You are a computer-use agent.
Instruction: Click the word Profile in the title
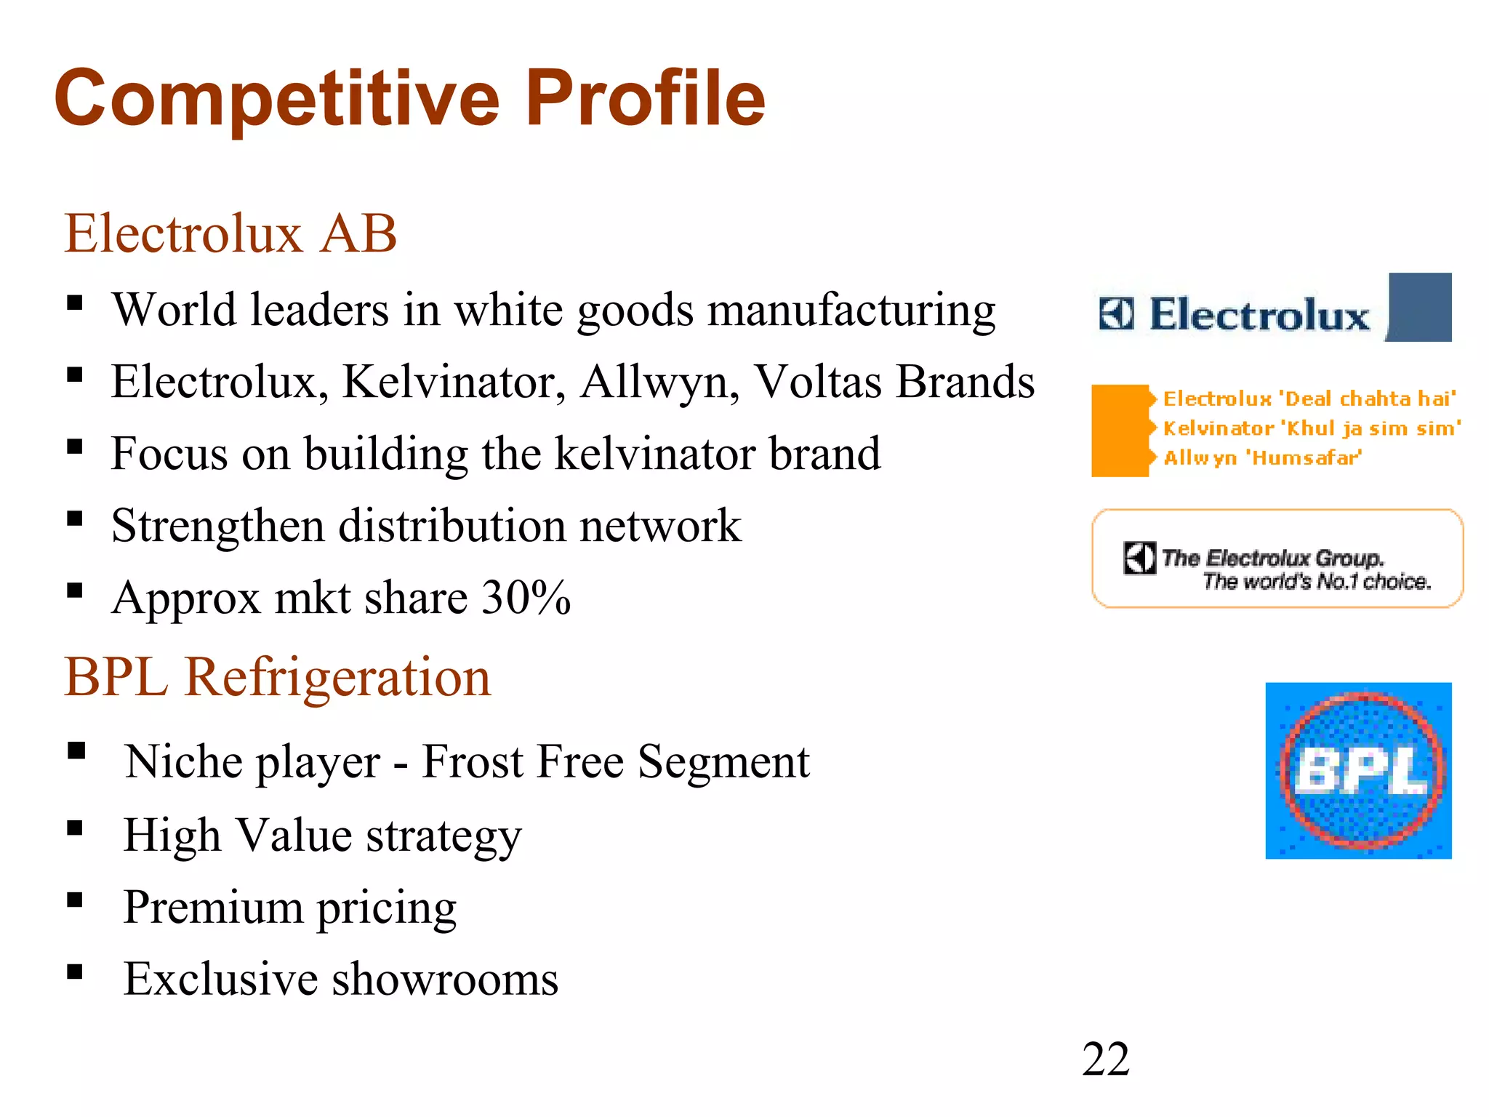click(x=650, y=98)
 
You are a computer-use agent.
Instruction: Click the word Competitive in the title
click(x=277, y=98)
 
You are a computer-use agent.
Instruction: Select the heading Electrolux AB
click(x=230, y=233)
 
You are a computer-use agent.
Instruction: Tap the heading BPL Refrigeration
click(x=277, y=677)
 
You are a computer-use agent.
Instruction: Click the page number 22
click(x=1105, y=1059)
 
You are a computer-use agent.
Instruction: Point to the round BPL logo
click(x=1358, y=771)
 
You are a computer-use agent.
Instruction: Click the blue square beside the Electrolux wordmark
click(x=1419, y=307)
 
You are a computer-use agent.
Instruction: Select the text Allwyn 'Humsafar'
click(x=1261, y=457)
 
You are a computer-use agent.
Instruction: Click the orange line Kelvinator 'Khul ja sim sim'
click(x=1311, y=428)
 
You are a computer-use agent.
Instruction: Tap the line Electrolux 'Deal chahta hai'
click(x=1309, y=399)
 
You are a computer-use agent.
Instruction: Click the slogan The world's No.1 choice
click(x=1316, y=582)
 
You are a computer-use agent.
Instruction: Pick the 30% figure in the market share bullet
click(x=526, y=598)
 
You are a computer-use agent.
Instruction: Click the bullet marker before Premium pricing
click(x=75, y=900)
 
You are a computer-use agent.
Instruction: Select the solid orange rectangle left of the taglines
click(x=1120, y=431)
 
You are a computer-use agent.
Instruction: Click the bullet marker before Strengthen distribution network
click(x=75, y=519)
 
